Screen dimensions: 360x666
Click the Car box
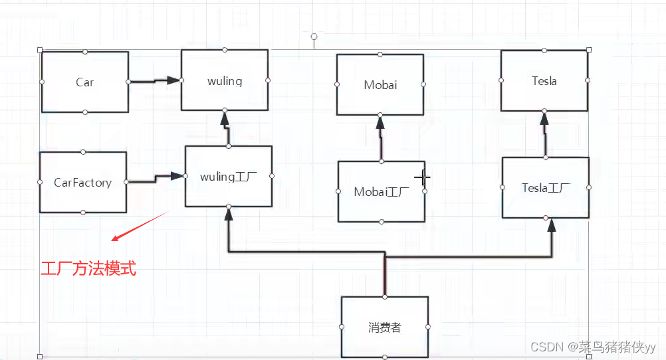[84, 82]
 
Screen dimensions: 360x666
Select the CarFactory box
[82, 182]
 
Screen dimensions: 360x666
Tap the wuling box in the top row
[225, 81]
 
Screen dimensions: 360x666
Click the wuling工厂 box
[228, 177]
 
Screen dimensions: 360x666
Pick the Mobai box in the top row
[380, 84]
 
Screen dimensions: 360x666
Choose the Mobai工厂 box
[381, 191]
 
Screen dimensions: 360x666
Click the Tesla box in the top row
[544, 81]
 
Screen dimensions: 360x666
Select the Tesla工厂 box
[545, 187]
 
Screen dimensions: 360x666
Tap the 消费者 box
[384, 327]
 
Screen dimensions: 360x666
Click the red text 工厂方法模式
[88, 269]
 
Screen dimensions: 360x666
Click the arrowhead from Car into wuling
[174, 80]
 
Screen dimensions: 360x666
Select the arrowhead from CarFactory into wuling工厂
[177, 176]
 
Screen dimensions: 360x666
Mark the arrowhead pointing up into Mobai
[380, 122]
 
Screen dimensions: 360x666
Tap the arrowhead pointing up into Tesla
[544, 119]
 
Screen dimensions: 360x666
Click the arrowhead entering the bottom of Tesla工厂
[551, 226]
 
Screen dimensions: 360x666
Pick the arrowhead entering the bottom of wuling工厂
[228, 215]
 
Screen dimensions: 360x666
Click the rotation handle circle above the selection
[314, 36]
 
